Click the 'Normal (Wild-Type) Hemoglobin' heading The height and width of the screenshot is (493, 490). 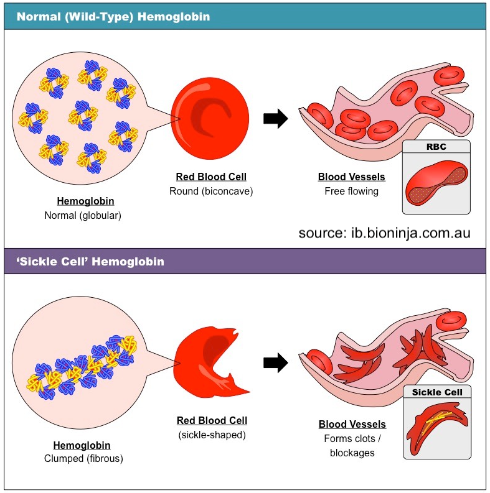tap(113, 17)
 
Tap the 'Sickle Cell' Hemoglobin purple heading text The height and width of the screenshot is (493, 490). tap(90, 262)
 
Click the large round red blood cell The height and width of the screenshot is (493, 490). tap(210, 119)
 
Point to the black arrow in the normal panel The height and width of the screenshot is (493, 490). tap(276, 119)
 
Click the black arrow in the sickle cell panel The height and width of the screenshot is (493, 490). tap(276, 363)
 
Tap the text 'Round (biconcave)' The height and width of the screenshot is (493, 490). tap(211, 191)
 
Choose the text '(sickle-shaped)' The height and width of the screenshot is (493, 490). tap(212, 435)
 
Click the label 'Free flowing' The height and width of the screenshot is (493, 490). tap(351, 191)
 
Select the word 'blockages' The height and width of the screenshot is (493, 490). tap(352, 453)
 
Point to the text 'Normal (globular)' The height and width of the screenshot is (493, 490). tap(83, 215)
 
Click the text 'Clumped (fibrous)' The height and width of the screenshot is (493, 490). tap(83, 458)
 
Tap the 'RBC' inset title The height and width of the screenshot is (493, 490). tap(436, 147)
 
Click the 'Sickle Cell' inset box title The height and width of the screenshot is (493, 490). tap(437, 392)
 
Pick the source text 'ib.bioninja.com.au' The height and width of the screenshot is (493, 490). tap(411, 233)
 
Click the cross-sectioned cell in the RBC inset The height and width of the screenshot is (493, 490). tap(436, 182)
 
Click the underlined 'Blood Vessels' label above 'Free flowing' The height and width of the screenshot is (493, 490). tap(351, 177)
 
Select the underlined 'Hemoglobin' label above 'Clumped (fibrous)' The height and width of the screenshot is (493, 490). tap(82, 445)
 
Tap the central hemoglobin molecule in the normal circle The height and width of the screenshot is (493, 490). tap(83, 116)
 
